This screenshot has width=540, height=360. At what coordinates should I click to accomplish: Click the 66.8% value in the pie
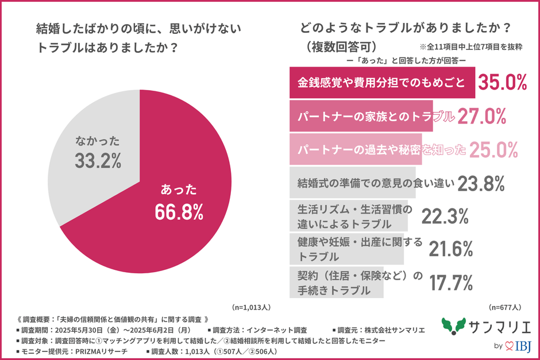click(179, 211)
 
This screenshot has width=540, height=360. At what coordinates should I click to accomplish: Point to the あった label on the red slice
click(179, 189)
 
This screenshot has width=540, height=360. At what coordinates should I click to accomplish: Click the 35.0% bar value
click(502, 83)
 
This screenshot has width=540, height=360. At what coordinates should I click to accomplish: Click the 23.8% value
click(481, 183)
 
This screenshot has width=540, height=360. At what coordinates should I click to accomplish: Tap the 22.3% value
click(445, 216)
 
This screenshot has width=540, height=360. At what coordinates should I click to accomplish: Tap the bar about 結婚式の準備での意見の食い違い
click(352, 183)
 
